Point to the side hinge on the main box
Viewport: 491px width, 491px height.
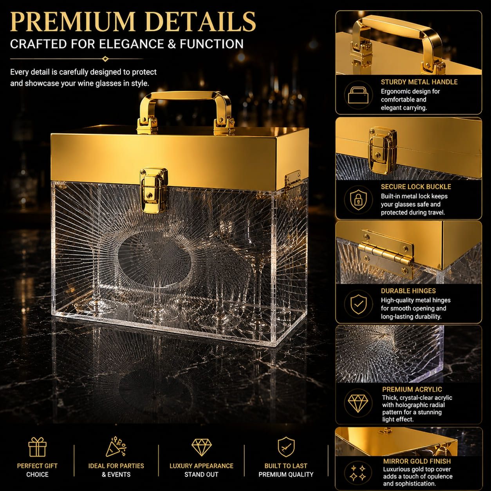click(293, 181)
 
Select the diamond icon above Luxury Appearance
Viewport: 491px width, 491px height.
click(201, 447)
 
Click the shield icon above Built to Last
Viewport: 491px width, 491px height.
click(286, 447)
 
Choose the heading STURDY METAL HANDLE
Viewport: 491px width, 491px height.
click(419, 82)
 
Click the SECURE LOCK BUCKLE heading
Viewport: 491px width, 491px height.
click(416, 187)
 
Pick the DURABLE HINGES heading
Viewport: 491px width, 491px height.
click(408, 291)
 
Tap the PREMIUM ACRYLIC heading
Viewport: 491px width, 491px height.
click(412, 389)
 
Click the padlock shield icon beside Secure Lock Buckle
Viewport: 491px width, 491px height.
click(358, 200)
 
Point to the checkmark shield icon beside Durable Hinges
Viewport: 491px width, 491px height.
click(358, 305)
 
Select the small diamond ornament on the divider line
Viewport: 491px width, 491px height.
click(105, 59)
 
